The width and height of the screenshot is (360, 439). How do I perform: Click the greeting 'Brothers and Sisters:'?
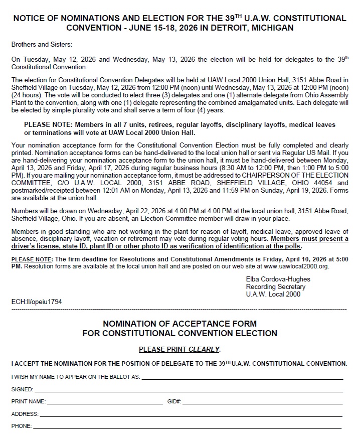[42, 45]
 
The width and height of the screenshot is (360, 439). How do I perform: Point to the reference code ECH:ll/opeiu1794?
[37, 302]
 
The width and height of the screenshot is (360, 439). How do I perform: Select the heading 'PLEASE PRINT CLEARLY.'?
[179, 349]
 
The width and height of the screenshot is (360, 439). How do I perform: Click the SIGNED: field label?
[23, 389]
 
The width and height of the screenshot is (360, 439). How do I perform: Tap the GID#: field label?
[174, 402]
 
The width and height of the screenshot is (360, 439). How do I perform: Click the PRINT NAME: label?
[29, 402]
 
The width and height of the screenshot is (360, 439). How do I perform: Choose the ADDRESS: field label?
[25, 414]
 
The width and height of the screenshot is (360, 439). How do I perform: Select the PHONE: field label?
[22, 426]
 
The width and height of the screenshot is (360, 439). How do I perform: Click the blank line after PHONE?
[188, 428]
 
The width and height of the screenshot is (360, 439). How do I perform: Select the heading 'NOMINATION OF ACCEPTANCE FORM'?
[179, 324]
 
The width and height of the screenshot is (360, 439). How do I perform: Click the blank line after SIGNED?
[189, 391]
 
